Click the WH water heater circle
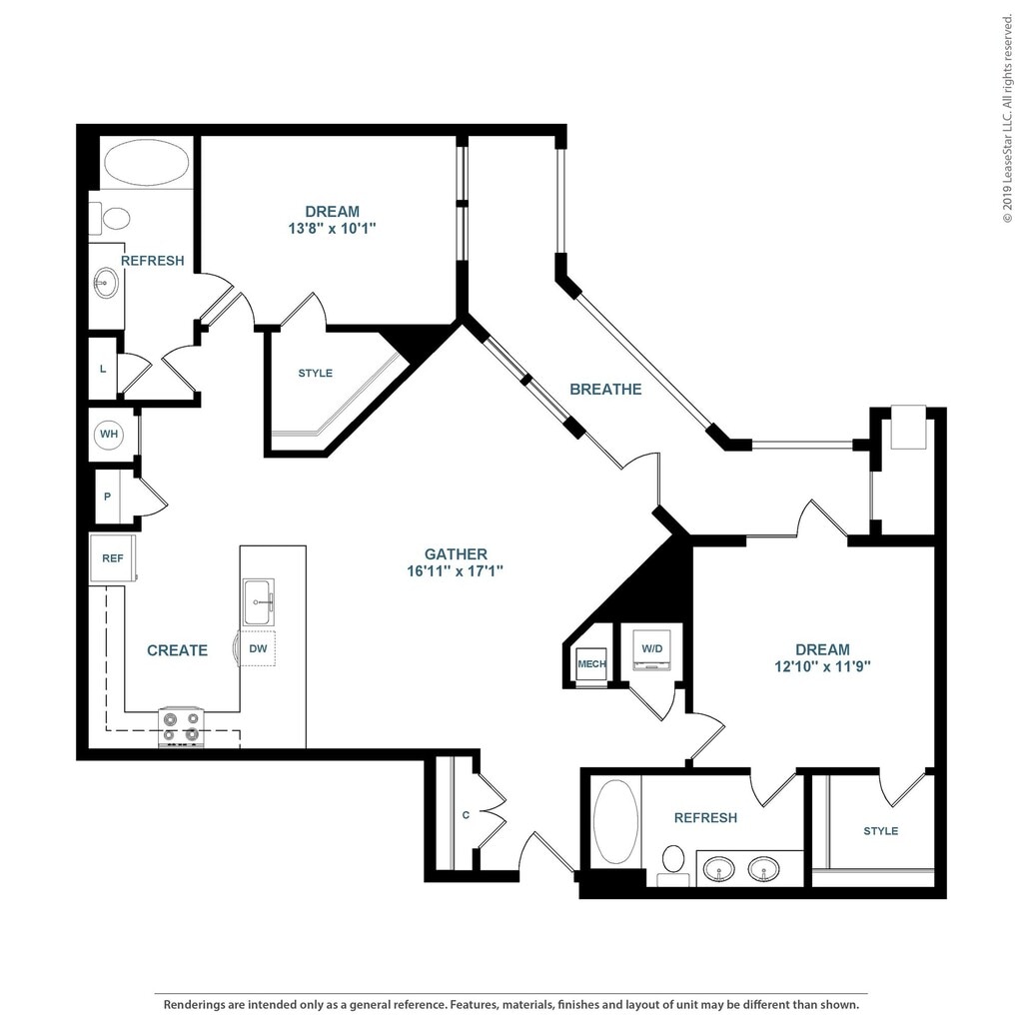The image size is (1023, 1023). click(x=109, y=434)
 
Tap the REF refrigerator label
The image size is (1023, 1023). click(x=112, y=558)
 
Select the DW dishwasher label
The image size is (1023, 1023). click(x=258, y=648)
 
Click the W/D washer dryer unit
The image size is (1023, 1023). click(x=651, y=649)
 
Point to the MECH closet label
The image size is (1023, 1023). click(x=591, y=664)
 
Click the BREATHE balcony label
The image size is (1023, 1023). click(x=605, y=390)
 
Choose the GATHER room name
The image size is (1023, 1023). click(x=456, y=553)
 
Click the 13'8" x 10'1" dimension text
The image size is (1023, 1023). click(x=332, y=229)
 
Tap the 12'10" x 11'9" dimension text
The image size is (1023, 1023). click(x=822, y=666)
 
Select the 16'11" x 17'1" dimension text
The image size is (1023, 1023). click(x=456, y=571)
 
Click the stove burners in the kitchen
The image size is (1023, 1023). click(x=181, y=727)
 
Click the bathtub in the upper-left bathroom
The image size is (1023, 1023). click(x=147, y=162)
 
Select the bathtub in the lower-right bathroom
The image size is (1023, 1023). click(x=615, y=822)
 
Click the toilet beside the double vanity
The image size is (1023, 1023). click(x=673, y=866)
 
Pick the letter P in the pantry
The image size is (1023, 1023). click(x=107, y=497)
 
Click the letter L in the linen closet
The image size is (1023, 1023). click(x=103, y=369)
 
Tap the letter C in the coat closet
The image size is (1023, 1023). click(x=466, y=815)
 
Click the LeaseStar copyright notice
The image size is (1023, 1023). click(x=1009, y=113)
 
